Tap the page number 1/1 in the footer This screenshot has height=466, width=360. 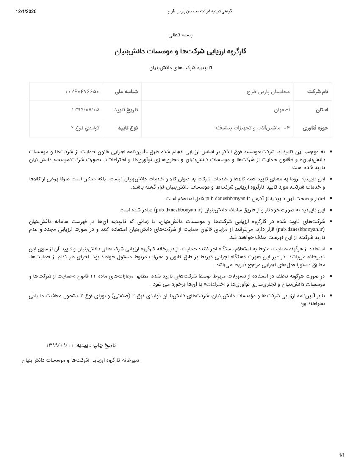pos(342,455)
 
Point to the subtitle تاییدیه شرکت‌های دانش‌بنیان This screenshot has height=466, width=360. pos(180,67)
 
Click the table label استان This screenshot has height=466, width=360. pos(322,110)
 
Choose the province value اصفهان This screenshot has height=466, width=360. pos(281,110)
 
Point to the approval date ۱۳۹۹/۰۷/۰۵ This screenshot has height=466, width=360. pos(86,110)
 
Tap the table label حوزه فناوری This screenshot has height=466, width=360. pos(316,128)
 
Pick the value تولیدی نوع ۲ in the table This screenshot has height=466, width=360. pos(85,128)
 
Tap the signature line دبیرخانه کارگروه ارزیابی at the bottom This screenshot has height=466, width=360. pos(80,361)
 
